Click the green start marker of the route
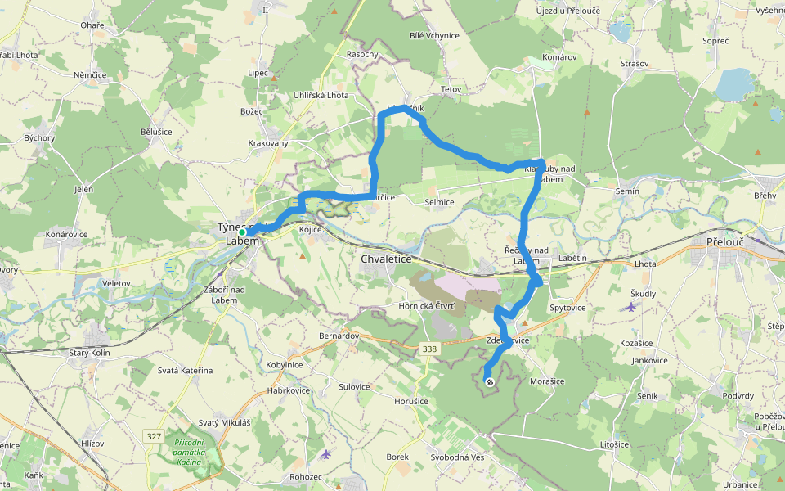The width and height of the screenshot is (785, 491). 243,232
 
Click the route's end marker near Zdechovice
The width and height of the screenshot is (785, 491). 489,382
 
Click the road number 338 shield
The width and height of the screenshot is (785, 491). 429,349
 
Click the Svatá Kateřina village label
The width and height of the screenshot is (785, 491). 185,371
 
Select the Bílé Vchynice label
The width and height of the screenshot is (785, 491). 434,36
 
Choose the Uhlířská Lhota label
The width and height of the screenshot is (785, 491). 321,96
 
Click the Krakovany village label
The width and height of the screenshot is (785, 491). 268,143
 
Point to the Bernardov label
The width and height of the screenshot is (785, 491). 339,336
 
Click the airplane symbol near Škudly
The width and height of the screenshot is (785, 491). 630,307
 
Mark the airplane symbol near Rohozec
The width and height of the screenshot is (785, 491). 326,453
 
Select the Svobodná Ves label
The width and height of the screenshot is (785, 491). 460,457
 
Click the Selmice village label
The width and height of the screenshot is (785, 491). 440,202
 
